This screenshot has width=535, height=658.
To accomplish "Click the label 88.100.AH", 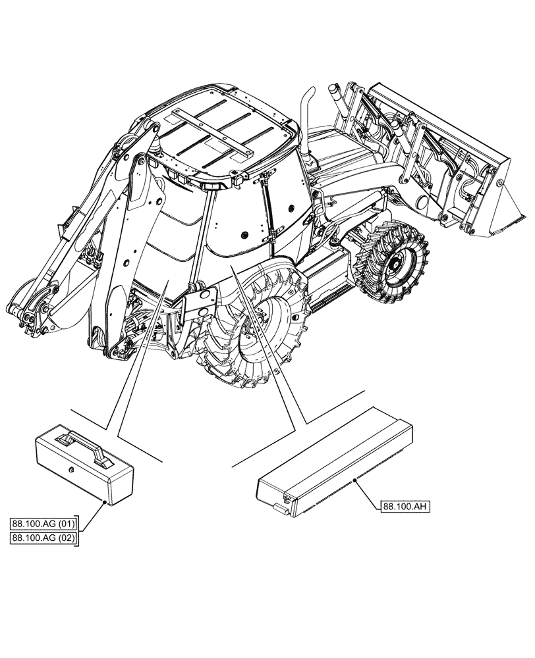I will tap(404, 506).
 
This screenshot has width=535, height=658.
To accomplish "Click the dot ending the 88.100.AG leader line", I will tap(105, 503).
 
